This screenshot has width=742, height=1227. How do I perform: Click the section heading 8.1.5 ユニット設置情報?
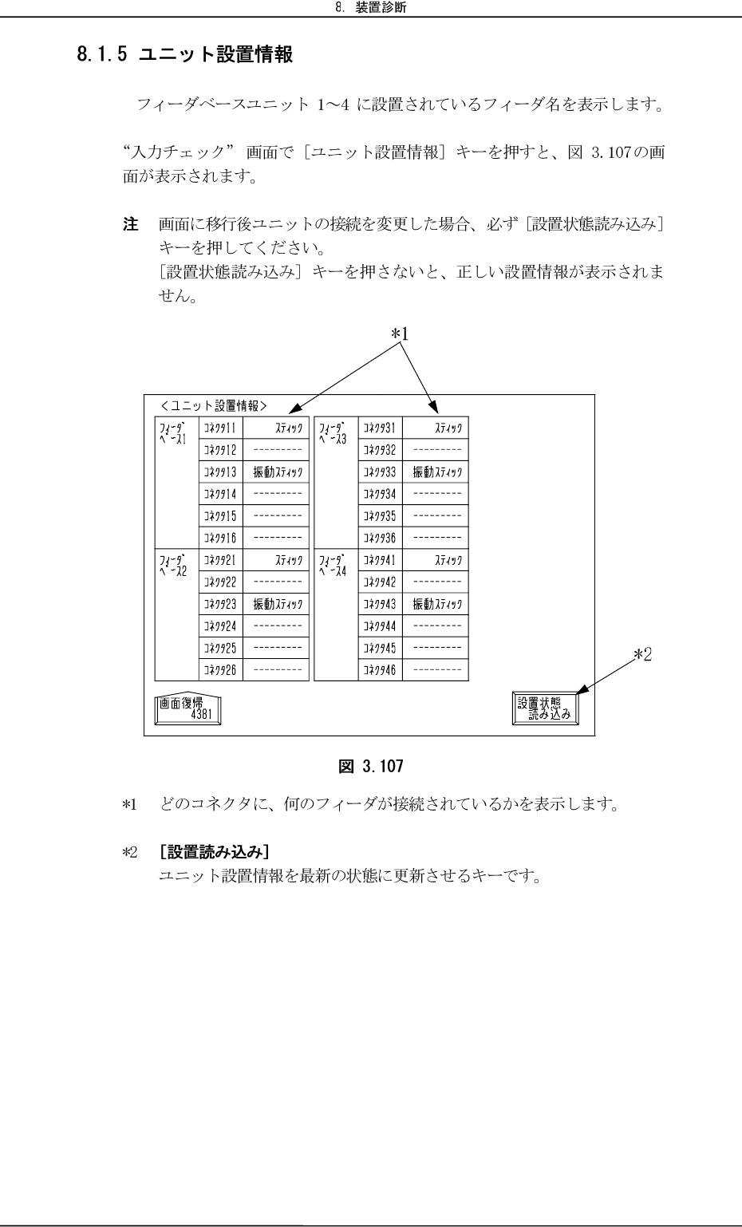click(x=184, y=55)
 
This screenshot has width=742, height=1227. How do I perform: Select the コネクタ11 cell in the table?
click(x=219, y=428)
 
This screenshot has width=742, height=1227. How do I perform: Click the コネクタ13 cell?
click(x=219, y=471)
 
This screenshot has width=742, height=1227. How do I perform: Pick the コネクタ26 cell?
click(x=219, y=670)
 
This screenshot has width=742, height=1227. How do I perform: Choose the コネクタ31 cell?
click(x=380, y=428)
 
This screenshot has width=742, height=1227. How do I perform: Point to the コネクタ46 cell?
click(x=380, y=670)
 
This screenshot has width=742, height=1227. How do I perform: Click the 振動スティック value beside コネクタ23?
click(x=277, y=604)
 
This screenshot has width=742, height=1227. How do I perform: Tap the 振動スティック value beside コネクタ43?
click(x=436, y=604)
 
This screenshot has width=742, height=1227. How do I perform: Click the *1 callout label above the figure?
click(x=400, y=333)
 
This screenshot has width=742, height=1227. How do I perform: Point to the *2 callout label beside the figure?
click(x=643, y=654)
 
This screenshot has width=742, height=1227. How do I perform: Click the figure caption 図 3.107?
click(x=371, y=767)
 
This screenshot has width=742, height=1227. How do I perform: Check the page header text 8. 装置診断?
click(x=370, y=9)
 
